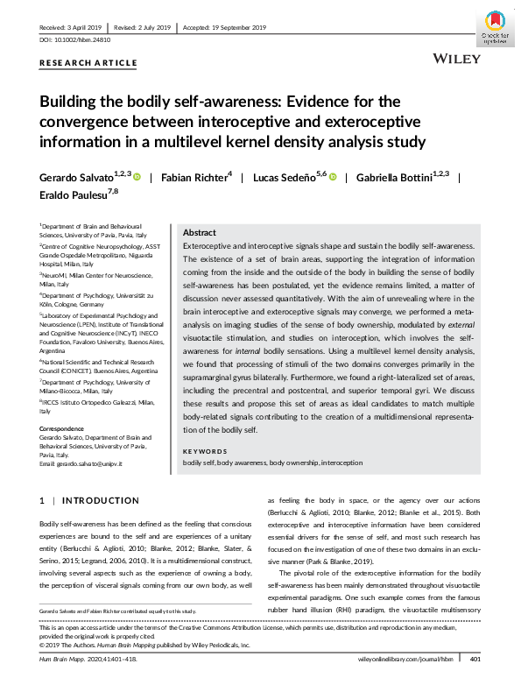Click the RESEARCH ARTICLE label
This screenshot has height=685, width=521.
(x=88, y=63)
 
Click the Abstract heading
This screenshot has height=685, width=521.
(x=199, y=233)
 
